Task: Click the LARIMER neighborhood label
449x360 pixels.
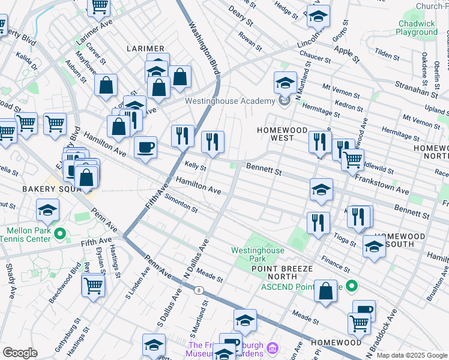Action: tap(145, 48)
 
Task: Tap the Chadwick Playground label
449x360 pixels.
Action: tap(417, 28)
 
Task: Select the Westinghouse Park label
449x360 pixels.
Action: tap(258, 254)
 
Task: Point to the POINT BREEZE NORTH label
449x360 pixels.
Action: tap(274, 272)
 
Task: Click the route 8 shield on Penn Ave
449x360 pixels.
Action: tap(199, 290)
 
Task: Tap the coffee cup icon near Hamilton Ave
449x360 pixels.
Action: tap(145, 148)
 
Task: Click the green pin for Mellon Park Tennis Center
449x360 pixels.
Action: tap(59, 233)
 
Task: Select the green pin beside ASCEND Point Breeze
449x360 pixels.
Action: tap(352, 287)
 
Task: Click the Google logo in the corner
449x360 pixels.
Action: tap(20, 353)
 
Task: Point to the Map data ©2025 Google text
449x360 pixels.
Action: tap(412, 355)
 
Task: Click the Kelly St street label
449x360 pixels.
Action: tap(196, 166)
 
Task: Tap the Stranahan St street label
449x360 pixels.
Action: tap(417, 88)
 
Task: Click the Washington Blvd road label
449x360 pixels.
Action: tap(202, 45)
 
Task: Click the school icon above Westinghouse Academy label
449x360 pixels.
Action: tap(285, 82)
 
